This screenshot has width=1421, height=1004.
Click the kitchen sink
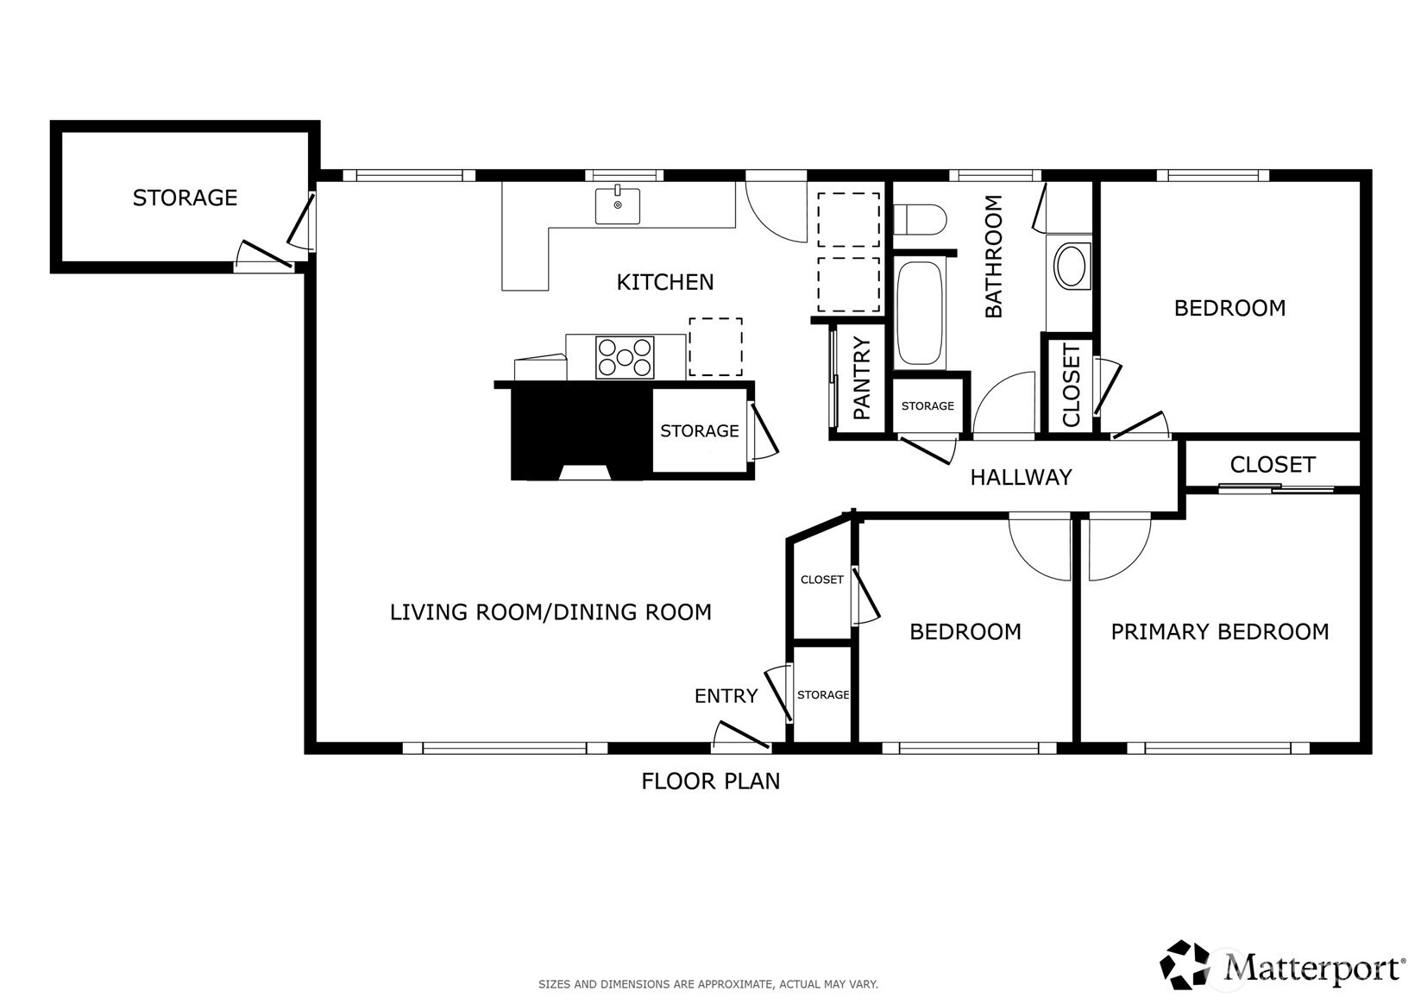617,204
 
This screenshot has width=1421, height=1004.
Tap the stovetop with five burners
625,358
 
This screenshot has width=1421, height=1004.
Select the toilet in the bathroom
920,219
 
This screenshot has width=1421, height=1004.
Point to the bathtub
920,313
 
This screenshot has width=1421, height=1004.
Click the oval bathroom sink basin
1072,267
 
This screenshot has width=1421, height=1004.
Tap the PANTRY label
861,378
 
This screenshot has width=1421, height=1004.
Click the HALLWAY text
1021,477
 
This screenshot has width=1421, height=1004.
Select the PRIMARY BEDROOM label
1219,631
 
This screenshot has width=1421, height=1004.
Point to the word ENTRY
726,696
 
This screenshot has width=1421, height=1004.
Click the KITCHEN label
665,282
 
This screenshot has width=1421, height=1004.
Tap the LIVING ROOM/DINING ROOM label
550,612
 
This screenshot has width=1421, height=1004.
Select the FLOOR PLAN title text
711,781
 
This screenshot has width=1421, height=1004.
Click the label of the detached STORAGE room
185,198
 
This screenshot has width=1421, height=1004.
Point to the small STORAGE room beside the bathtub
927,406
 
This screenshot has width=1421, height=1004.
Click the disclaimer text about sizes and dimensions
708,984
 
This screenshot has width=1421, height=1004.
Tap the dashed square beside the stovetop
715,347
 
